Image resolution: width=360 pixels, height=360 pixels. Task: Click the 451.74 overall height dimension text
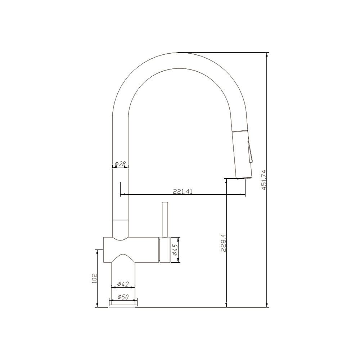click(x=264, y=180)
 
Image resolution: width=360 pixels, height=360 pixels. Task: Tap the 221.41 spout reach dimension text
click(x=183, y=192)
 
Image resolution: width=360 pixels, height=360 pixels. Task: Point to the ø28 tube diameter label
click(x=120, y=164)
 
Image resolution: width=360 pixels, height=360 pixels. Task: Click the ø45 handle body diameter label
click(x=175, y=250)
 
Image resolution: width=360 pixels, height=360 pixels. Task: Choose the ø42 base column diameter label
click(x=123, y=284)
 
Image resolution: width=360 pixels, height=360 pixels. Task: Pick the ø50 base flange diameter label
click(x=123, y=297)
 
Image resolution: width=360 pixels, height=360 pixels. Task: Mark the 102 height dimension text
click(x=95, y=278)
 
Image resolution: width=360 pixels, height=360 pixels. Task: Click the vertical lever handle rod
click(x=165, y=220)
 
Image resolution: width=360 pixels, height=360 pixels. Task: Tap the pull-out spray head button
click(x=250, y=151)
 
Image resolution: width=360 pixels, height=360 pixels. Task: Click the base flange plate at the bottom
click(x=123, y=305)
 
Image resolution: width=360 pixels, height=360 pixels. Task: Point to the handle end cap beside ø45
click(x=165, y=250)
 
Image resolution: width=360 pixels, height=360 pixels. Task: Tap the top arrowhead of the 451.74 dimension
click(x=267, y=55)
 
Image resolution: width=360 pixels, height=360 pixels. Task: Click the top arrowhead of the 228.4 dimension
click(x=226, y=181)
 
